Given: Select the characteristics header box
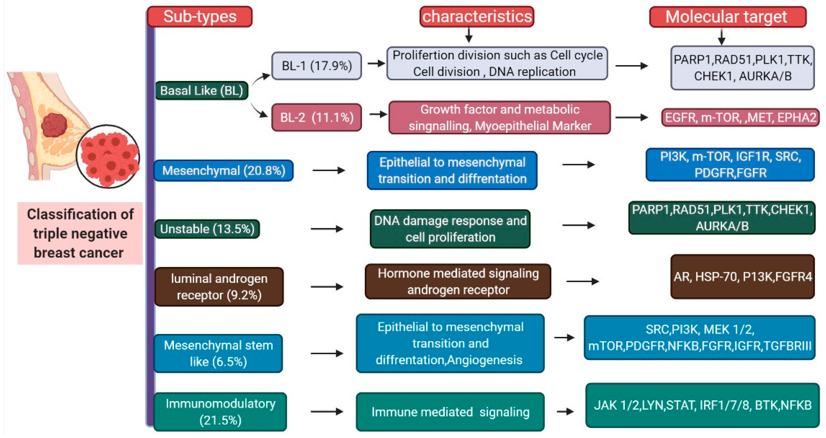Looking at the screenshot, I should point(477,17).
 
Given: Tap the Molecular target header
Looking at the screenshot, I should point(727,17).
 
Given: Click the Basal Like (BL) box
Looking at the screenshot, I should point(201,90).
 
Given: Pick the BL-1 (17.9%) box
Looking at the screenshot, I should point(317,66).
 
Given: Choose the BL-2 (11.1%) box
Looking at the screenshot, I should point(317,117).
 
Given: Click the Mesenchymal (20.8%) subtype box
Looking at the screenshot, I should point(223,171).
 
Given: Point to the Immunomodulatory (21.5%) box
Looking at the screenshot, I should point(220,412).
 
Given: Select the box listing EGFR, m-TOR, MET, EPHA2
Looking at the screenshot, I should point(740,117).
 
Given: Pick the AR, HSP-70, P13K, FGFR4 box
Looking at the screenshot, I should point(742,276).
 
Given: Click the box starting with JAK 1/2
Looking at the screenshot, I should point(702,405).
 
